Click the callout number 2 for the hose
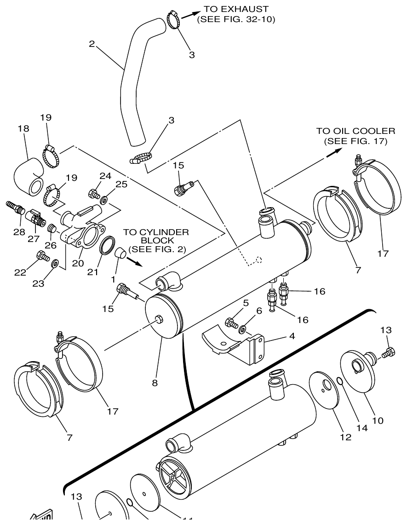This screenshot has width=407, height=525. [x=92, y=44]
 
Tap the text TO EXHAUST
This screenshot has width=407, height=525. [x=236, y=9]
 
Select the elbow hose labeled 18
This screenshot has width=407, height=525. [x=29, y=176]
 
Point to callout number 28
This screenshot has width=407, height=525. [x=19, y=232]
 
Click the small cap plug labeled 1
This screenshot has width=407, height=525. [x=120, y=252]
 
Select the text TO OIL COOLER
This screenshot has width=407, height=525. [x=355, y=131]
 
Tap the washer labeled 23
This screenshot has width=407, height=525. [x=55, y=263]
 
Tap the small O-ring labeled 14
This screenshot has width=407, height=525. [x=338, y=381]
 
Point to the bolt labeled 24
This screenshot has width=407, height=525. [x=93, y=194]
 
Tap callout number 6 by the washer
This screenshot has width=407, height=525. [x=259, y=311]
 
